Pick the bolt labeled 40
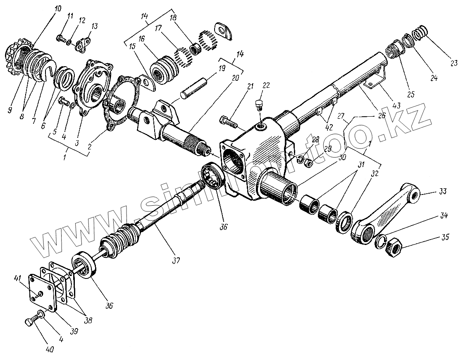pyautogui.click(x=31, y=321)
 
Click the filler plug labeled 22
pyautogui.click(x=260, y=104)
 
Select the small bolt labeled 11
pyautogui.click(x=61, y=38)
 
